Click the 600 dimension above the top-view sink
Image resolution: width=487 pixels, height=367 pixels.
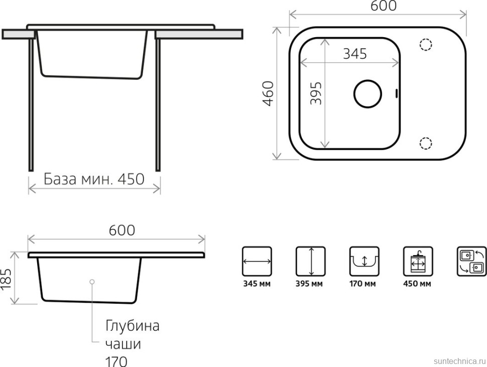(x=383, y=6)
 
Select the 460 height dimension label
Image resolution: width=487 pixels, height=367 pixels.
(x=268, y=93)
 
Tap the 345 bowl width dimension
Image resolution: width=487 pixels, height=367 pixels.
(x=355, y=53)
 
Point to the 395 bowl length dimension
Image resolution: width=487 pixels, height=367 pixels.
(x=315, y=93)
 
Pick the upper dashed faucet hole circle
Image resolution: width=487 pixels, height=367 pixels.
(x=426, y=45)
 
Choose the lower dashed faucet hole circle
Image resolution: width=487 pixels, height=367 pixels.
(x=426, y=143)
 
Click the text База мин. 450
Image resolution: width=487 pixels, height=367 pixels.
(x=94, y=179)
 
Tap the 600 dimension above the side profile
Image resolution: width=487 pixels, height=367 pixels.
(x=122, y=230)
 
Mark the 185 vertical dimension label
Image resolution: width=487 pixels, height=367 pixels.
(x=7, y=278)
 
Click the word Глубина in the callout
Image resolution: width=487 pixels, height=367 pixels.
(x=132, y=326)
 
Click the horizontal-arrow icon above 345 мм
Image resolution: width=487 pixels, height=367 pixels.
(x=257, y=261)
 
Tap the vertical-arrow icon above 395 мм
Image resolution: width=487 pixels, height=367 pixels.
(x=311, y=261)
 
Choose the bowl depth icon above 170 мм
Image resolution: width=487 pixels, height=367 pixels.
(x=364, y=261)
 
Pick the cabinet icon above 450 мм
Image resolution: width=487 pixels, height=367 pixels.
(x=418, y=261)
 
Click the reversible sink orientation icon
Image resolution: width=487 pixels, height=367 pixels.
(x=471, y=261)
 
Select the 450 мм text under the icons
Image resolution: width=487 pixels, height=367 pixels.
(x=418, y=284)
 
